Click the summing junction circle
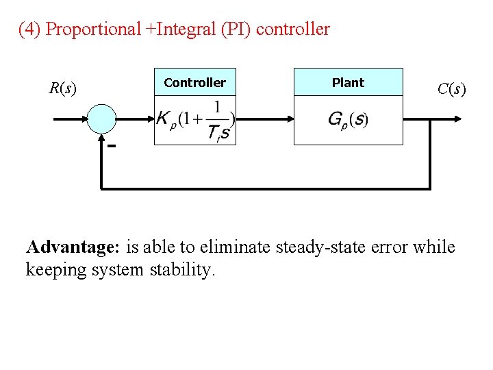coord(102,118)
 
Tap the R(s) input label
coord(62,88)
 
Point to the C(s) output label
coord(451,88)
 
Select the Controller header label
coord(194,82)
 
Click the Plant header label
coord(348,82)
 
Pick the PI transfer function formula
coord(195,120)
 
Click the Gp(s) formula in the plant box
coord(348,119)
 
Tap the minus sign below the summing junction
coord(110,146)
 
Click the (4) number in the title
coord(29,29)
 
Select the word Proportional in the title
coord(92,29)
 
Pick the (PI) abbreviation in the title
coord(239,29)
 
